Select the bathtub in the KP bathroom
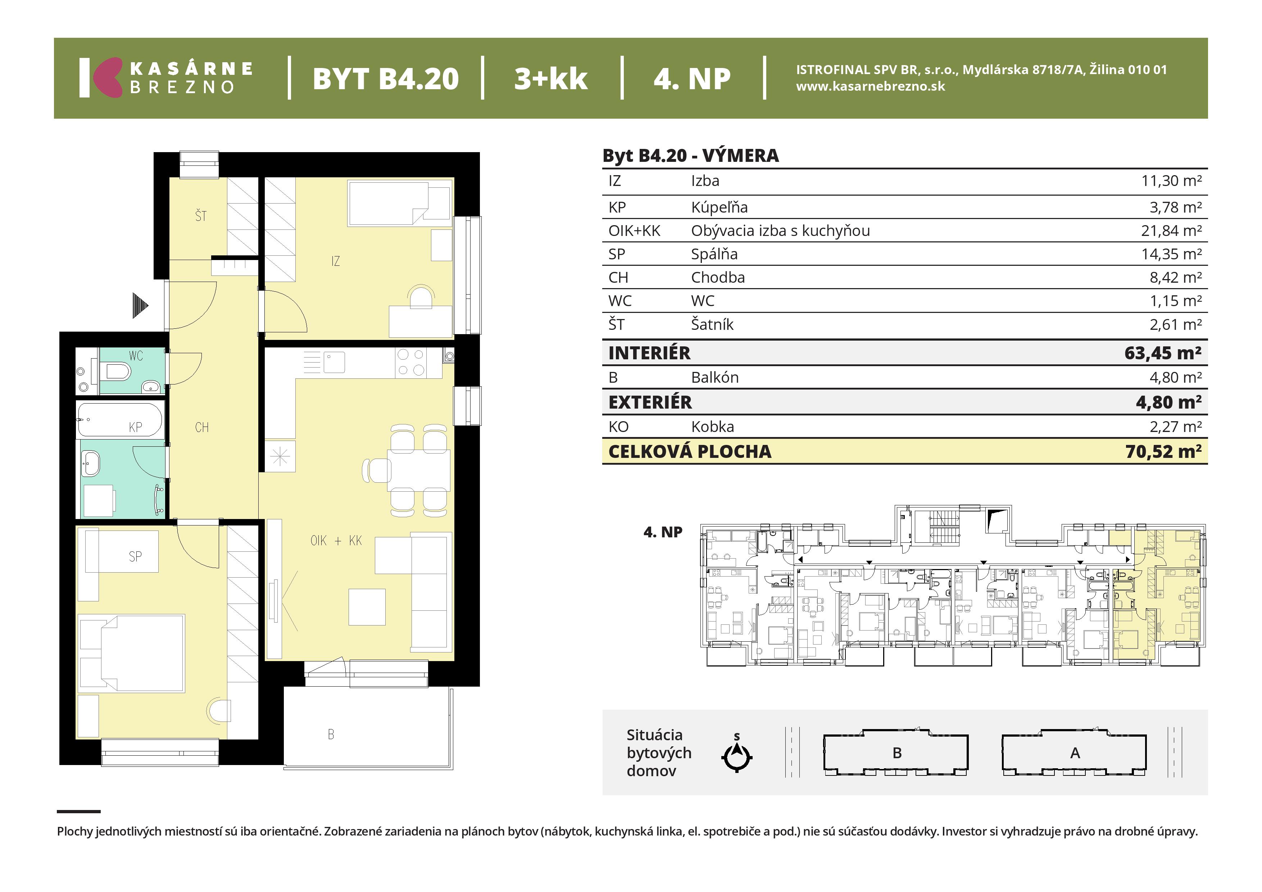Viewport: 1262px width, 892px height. [x=119, y=420]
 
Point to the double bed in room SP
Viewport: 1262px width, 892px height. [x=132, y=652]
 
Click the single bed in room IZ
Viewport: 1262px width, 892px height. [x=400, y=203]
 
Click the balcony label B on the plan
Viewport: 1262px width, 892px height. [x=331, y=734]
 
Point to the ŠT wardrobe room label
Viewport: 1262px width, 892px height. [x=201, y=215]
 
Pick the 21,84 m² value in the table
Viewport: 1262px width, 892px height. [x=1171, y=231]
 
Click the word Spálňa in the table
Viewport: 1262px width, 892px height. [x=714, y=254]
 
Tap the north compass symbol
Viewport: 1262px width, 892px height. [x=736, y=754]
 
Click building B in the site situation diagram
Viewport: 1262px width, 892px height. [x=895, y=752]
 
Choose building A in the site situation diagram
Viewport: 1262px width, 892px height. [x=1074, y=752]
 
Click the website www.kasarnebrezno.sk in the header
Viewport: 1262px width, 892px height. [x=871, y=86]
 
